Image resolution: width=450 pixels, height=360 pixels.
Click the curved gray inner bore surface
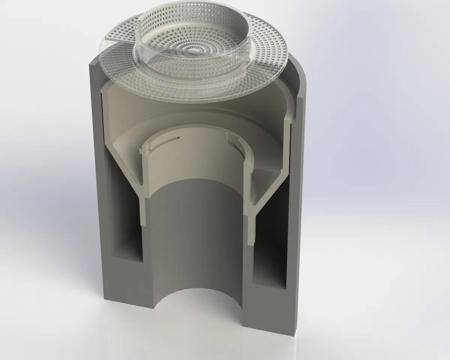coord(195,232)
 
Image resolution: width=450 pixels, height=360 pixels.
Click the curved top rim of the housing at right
coord(300,75)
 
